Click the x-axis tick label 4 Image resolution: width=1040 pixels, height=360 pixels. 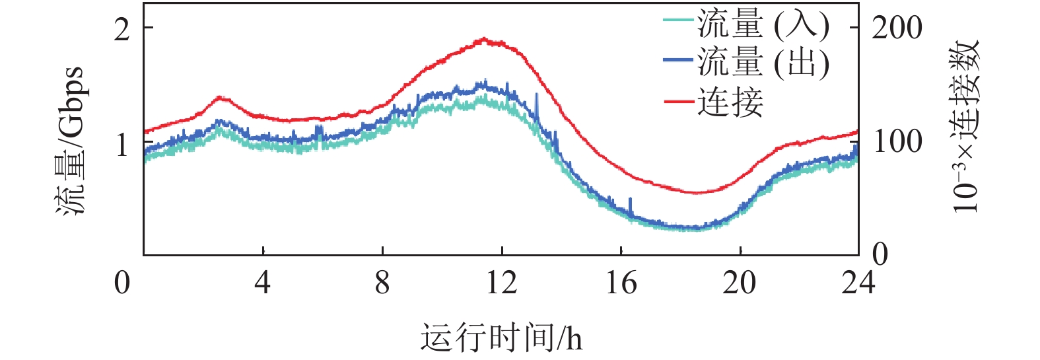click(263, 283)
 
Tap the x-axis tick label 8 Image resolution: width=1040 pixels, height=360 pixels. click(382, 283)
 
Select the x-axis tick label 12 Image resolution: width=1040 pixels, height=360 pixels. click(501, 283)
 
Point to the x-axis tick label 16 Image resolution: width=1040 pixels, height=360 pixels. click(621, 283)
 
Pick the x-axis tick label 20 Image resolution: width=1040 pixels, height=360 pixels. click(740, 283)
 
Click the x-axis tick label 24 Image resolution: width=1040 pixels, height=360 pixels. click(858, 283)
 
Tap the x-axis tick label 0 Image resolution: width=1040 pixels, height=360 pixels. click(122, 283)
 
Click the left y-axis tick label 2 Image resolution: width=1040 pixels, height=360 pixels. click(122, 28)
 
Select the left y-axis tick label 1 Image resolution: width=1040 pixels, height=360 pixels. click(122, 143)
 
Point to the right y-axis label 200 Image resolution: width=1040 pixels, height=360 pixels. click(897, 28)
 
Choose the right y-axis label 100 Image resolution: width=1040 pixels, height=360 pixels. click(897, 141)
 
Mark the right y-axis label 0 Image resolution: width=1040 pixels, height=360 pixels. click(880, 254)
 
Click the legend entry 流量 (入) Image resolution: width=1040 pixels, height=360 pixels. click(763, 25)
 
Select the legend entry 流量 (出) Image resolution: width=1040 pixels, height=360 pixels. click(763, 63)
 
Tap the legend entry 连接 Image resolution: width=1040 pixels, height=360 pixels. click(730, 102)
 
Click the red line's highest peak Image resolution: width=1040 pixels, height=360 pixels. click(484, 39)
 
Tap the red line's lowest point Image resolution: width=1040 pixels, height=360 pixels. click(697, 193)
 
